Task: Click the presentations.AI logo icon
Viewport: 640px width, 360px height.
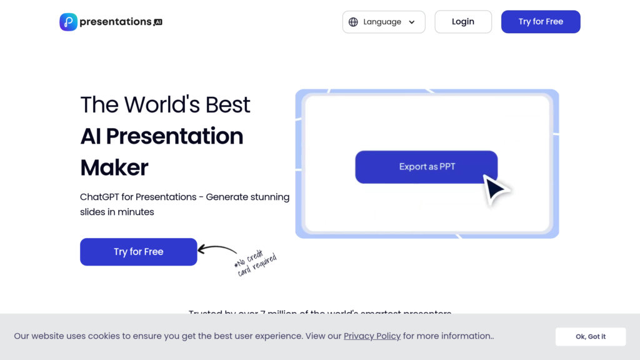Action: pos(68,22)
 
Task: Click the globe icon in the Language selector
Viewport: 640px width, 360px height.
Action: pos(353,22)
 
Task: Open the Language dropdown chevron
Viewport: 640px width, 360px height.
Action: pos(412,22)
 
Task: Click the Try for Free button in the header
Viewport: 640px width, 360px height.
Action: pos(541,22)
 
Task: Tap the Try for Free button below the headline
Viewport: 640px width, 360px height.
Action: pos(138,252)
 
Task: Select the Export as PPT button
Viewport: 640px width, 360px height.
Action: pos(426,167)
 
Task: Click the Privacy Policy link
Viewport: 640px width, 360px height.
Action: pos(372,336)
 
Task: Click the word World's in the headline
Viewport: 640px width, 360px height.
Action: pos(166,104)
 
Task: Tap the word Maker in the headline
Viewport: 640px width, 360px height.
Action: pos(114,167)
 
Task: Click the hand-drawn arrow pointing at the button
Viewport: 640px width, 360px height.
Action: pos(217,251)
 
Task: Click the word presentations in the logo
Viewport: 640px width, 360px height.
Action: pos(116,22)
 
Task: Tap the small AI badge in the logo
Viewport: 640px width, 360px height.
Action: pos(158,22)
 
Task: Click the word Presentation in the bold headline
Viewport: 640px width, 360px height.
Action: pos(174,136)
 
